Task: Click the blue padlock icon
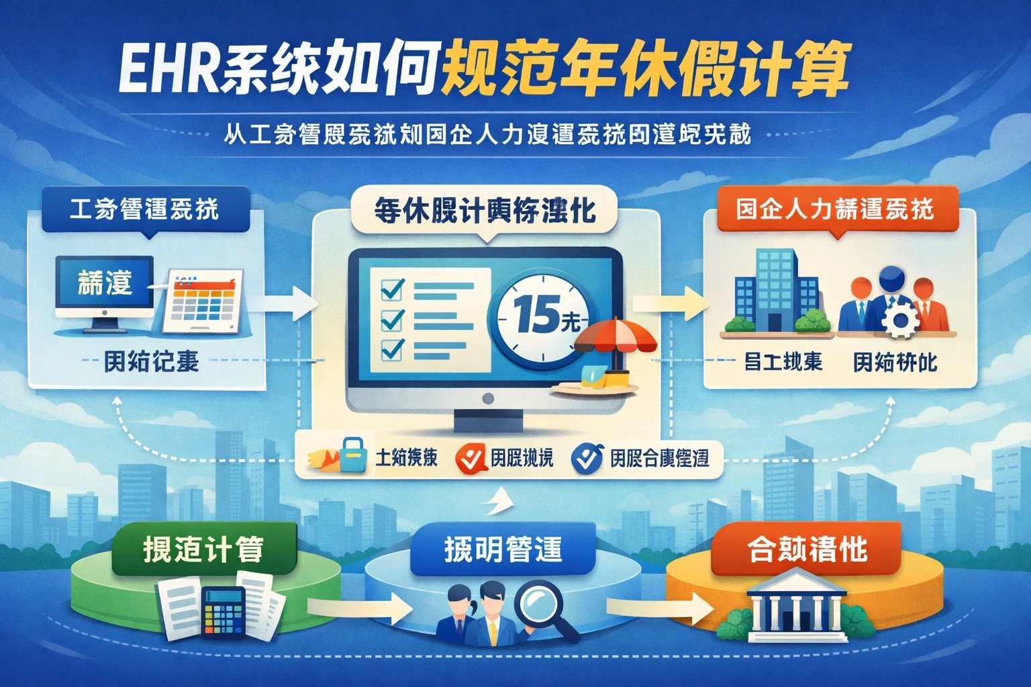pos(352,456)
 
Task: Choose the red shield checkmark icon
pos(471,459)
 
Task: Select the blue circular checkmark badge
pos(587,458)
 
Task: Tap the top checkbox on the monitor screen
pos(391,289)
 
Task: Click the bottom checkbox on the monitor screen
pos(391,350)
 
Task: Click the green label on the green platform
pos(203,549)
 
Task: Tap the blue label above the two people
pos(503,549)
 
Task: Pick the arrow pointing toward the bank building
pos(658,609)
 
